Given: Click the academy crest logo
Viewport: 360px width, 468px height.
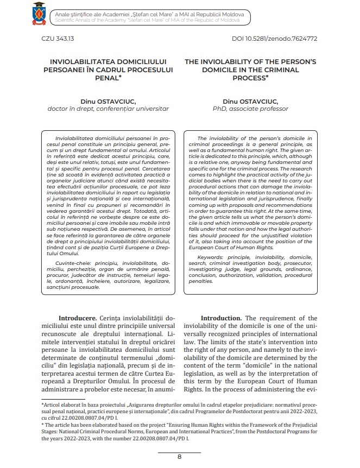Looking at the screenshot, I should point(38,14).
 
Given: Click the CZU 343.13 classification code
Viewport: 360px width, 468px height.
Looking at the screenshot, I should point(58,39).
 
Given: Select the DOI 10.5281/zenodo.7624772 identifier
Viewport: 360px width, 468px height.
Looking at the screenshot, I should point(274,39).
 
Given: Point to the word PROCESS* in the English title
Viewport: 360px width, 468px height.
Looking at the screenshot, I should point(250,78).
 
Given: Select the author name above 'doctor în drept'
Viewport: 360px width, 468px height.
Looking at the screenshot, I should point(108,101).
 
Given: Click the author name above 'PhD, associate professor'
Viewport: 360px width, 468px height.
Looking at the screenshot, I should point(250,101).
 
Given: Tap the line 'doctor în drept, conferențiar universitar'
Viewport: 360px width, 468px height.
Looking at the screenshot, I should point(108,109).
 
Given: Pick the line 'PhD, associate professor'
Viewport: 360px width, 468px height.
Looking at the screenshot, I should point(250,109).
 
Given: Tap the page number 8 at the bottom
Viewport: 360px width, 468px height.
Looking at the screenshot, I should point(179,456).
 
